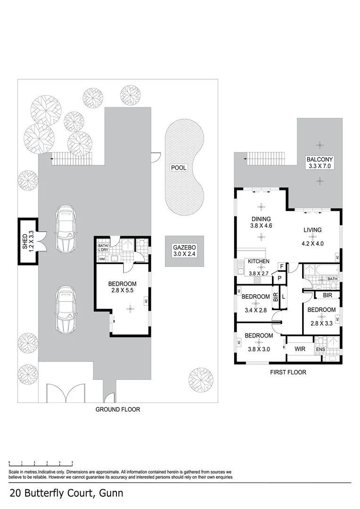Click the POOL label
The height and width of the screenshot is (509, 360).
point(179,168)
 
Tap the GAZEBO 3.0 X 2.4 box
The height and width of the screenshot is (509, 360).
point(184,251)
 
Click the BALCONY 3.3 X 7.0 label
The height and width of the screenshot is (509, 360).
point(320,163)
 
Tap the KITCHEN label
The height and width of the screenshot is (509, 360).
point(258,262)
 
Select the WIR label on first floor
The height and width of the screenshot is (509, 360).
point(301,349)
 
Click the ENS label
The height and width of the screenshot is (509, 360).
point(321,349)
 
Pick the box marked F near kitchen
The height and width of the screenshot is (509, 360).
point(282,267)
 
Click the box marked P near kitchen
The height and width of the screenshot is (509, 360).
point(279,278)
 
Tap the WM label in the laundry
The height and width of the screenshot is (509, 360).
point(101,259)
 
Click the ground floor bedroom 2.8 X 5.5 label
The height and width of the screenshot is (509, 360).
point(122,287)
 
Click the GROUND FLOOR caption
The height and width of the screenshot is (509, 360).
point(118,410)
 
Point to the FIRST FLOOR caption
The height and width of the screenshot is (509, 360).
point(287,372)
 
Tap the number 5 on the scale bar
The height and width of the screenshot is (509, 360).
point(72,462)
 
